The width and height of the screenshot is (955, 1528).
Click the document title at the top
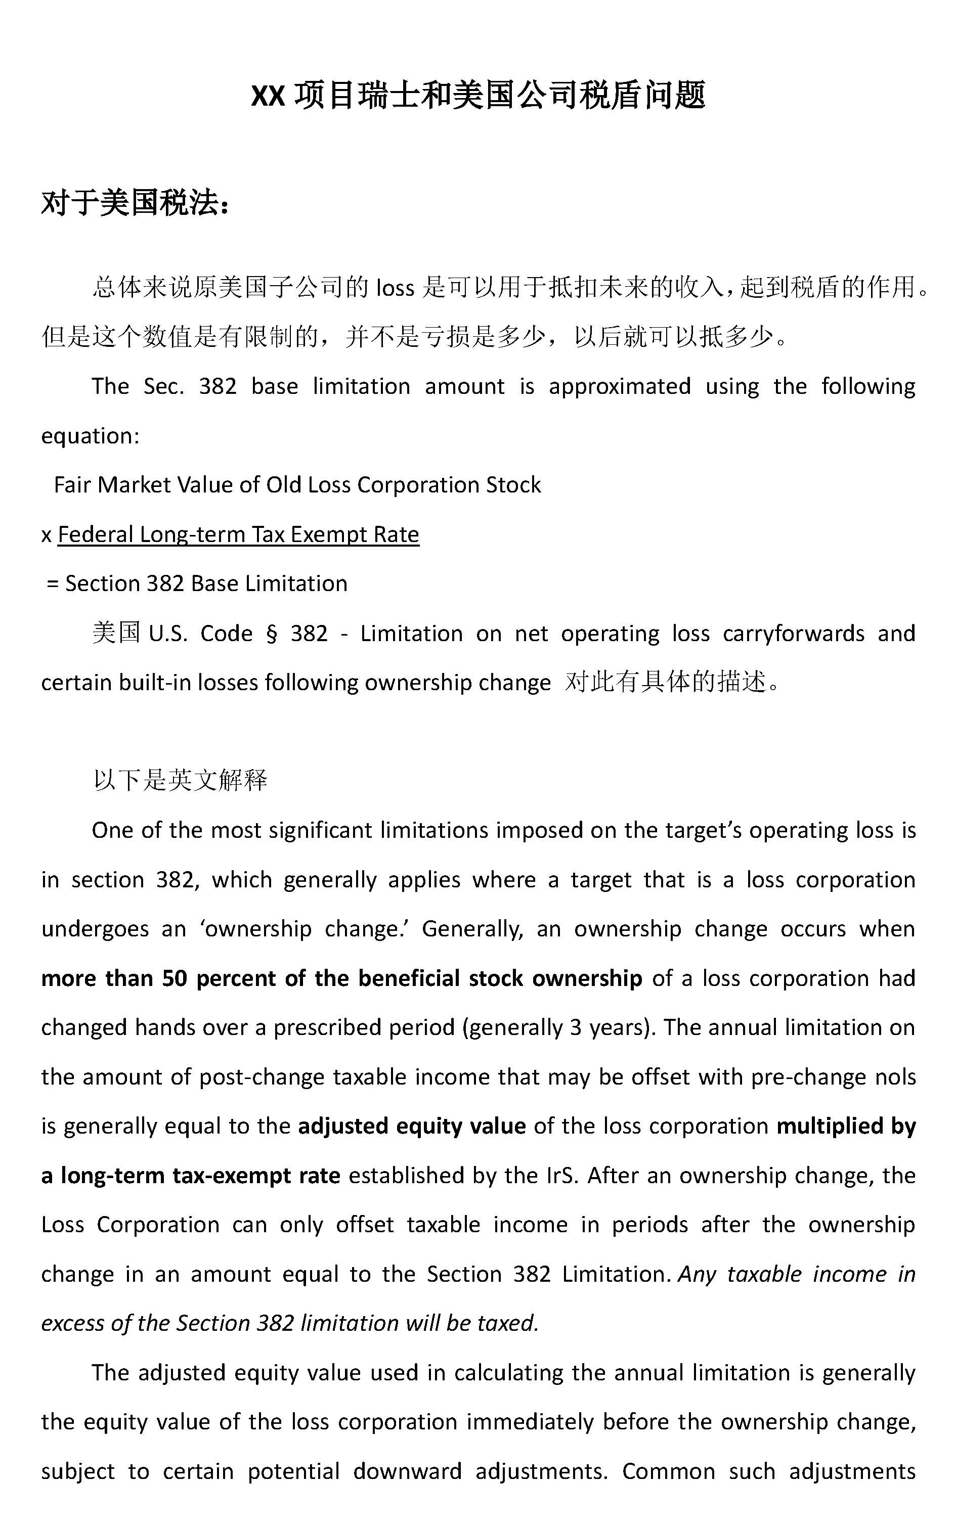click(x=477, y=96)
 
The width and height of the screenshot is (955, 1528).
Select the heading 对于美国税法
click(x=135, y=203)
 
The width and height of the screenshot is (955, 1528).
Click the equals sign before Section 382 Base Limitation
click(x=53, y=583)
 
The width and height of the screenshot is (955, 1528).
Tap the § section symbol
click(x=272, y=634)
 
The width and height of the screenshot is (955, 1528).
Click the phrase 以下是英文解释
click(x=180, y=780)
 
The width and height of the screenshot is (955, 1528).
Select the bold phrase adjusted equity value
click(x=412, y=1126)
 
